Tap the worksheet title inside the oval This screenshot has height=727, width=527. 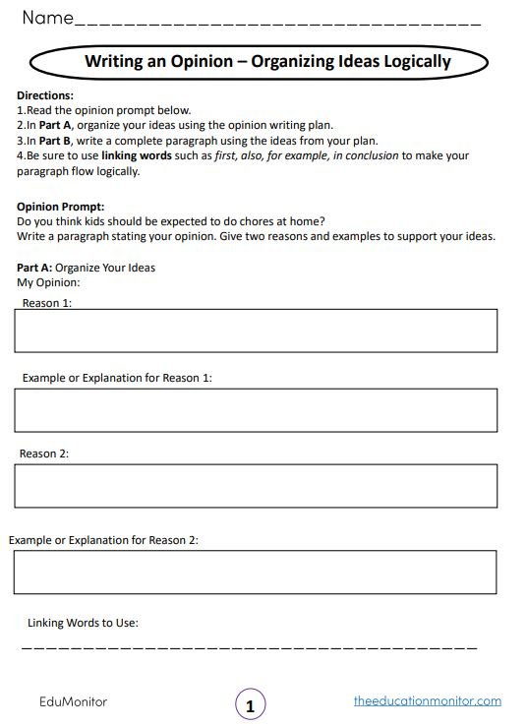pos(266,62)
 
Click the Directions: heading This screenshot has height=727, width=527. pos(45,95)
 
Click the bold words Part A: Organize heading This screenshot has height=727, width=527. pos(35,268)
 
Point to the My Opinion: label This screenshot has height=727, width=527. pos(48,282)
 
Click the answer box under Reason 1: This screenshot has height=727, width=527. pos(255,331)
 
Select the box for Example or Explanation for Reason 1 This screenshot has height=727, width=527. pos(255,410)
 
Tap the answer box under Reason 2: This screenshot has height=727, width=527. pos(255,486)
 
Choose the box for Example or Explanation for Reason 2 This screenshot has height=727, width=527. pos(255,572)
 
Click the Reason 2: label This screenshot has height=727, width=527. pos(44,454)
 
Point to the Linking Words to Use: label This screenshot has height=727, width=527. pos(83,623)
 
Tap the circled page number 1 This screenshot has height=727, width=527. pos(251,705)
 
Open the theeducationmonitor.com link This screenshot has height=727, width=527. pos(427,701)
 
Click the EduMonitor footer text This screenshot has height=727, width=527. pos(73,701)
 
